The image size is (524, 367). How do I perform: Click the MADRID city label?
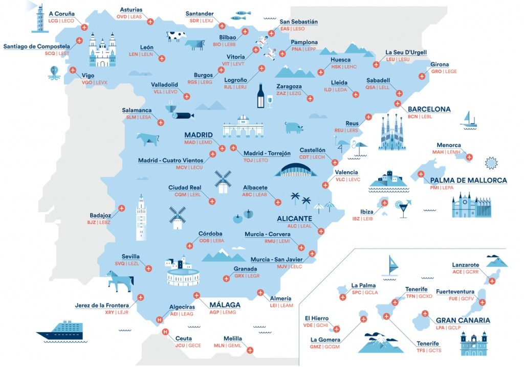(198, 135)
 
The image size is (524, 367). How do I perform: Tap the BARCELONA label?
(429, 109)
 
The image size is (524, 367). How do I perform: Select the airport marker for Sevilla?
(148, 268)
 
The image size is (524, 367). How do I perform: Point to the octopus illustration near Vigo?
(54, 73)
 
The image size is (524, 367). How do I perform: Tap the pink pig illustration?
(294, 127)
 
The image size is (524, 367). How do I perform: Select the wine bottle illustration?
(260, 96)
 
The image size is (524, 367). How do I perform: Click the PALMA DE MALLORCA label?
(468, 180)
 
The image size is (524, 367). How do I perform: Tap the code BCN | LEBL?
(420, 117)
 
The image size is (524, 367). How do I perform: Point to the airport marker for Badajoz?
(122, 208)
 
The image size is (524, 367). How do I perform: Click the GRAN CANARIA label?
(463, 320)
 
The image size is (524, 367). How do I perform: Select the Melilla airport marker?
(249, 350)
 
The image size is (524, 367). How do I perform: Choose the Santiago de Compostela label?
(36, 47)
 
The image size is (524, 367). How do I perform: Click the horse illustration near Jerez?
(120, 281)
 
